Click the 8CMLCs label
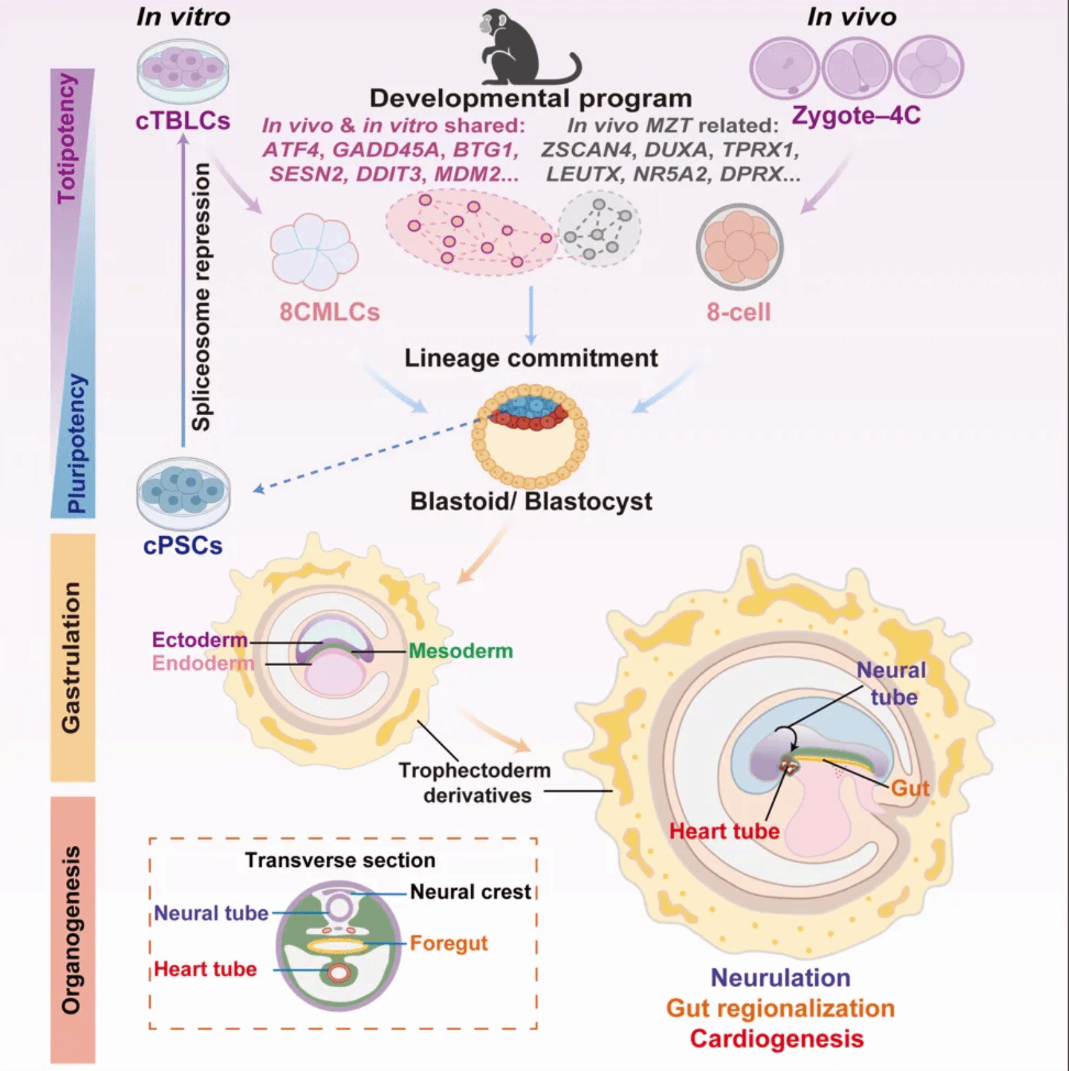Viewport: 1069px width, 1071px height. pos(329,312)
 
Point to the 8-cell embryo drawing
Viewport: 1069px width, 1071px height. pos(740,247)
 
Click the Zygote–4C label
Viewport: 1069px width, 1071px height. pos(856,115)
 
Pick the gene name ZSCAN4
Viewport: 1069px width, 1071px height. pos(589,150)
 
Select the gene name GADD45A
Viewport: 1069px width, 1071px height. pos(386,150)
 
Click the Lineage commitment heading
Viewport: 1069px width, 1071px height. pos(531,358)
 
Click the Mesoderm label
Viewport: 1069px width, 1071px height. pos(460,651)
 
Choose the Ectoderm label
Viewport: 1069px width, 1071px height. pos(199,639)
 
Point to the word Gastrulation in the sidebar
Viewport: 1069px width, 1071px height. pos(71,657)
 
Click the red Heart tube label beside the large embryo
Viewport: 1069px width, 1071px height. pos(724,831)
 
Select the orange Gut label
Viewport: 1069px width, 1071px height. pos(910,788)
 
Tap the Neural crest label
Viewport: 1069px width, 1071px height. pos(471,892)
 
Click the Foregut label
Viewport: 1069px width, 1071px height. pos(449,943)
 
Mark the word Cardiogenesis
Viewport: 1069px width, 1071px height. pos(777,1038)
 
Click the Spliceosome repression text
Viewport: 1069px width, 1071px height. pos(201,296)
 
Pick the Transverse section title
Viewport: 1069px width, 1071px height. pos(340,860)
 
